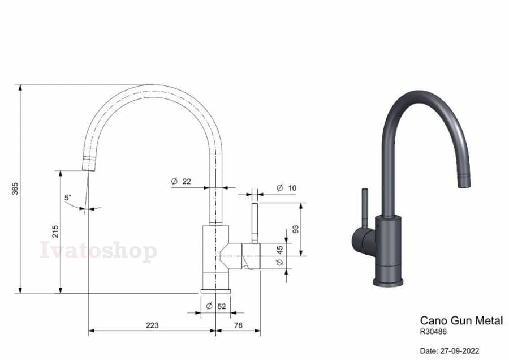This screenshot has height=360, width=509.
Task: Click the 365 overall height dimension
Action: point(15,188)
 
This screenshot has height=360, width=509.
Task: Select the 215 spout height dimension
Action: point(55,232)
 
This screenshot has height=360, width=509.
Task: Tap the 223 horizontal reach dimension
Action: point(152,325)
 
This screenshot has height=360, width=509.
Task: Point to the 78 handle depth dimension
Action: point(238,325)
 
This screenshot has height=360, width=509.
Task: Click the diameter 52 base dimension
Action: point(216,306)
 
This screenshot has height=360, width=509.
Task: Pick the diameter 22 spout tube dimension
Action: point(181,181)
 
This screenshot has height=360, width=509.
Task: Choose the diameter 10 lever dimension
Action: point(286,188)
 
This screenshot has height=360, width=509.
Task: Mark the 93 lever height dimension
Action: point(295,229)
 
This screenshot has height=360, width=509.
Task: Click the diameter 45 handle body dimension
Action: point(280,255)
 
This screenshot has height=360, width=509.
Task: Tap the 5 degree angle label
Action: point(67,197)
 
